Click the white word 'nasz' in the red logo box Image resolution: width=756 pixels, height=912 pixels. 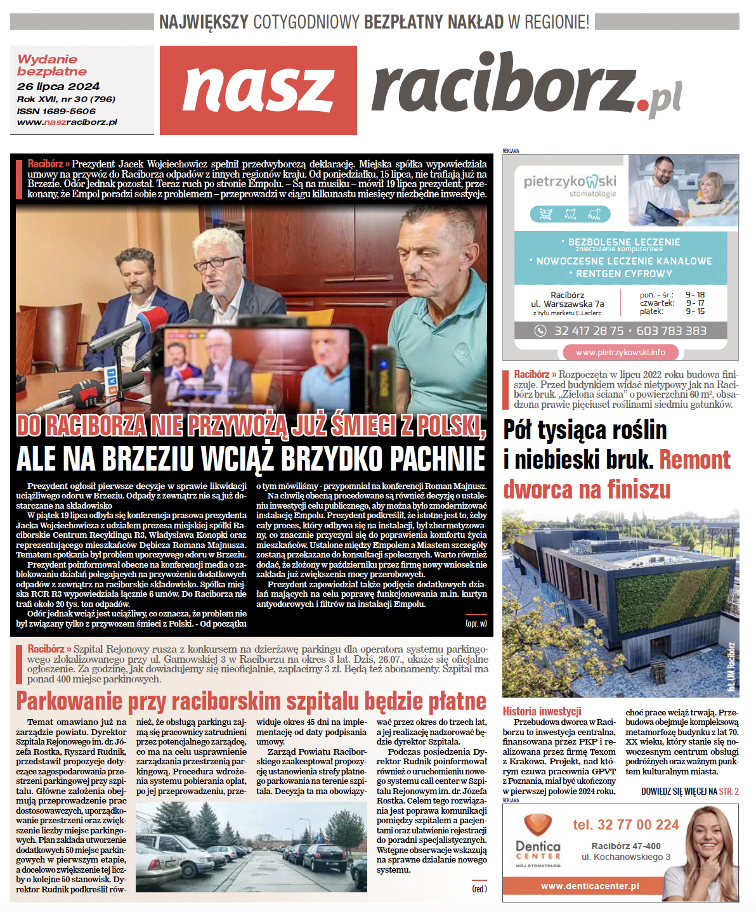tap(258, 89)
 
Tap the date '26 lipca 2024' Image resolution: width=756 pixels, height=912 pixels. tap(58, 86)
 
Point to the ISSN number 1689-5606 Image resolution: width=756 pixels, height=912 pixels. tap(70, 111)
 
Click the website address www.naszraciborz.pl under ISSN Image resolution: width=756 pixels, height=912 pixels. tap(67, 122)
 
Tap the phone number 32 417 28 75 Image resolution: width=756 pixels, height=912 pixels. tap(589, 330)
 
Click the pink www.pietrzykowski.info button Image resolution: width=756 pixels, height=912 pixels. tap(620, 352)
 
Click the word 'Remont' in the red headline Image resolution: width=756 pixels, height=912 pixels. tap(695, 459)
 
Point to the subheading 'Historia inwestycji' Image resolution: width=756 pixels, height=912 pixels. tap(542, 712)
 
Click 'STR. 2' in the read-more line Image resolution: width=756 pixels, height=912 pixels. tap(728, 791)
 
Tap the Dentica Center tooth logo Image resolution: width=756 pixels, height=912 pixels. tap(538, 825)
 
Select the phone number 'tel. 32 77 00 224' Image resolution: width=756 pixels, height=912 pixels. tap(625, 824)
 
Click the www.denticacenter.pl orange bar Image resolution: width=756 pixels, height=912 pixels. tap(590, 886)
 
